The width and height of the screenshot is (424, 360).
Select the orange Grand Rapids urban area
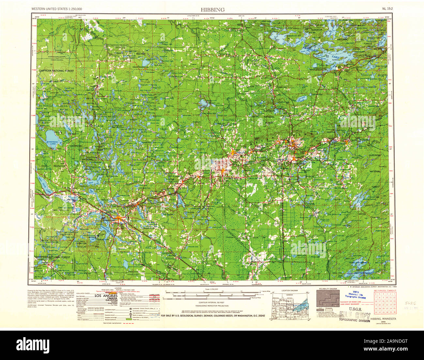tap(118, 218)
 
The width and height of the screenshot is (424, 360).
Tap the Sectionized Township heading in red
tap(385, 290)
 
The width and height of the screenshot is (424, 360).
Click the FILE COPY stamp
tap(355, 316)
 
